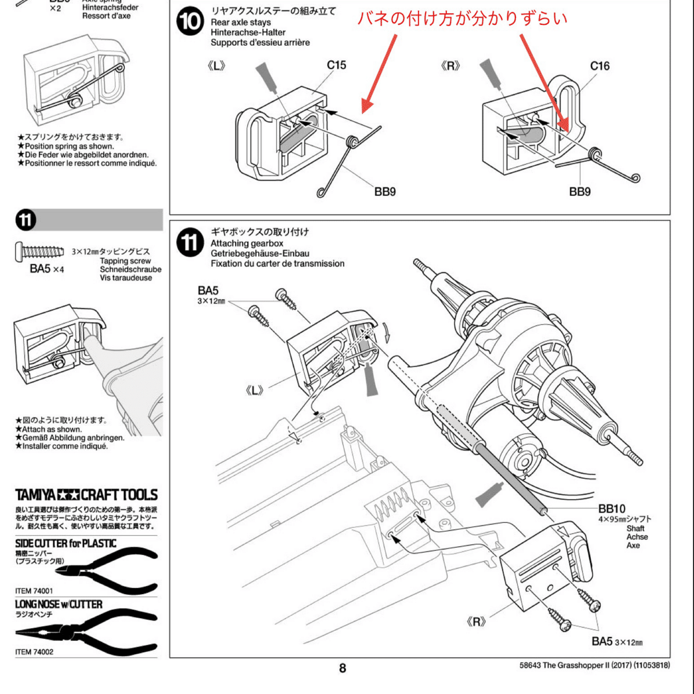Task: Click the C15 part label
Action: pos(336,65)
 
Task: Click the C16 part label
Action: pos(599,66)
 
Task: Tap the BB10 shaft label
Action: pos(612,508)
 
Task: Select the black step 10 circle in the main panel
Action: pos(190,22)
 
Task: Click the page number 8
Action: pos(342,668)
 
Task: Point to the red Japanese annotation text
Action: pos(462,19)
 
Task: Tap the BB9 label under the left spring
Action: pos(385,192)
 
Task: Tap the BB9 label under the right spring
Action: pos(580,192)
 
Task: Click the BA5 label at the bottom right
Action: pos(602,641)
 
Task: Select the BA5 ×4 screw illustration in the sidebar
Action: pos(39,252)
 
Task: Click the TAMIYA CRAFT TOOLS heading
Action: pos(86,495)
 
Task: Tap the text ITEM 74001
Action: pos(34,591)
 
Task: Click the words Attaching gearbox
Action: pos(246,244)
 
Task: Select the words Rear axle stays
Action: pos(241,23)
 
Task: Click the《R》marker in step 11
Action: pos(476,622)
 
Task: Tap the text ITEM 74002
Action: pos(34,652)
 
